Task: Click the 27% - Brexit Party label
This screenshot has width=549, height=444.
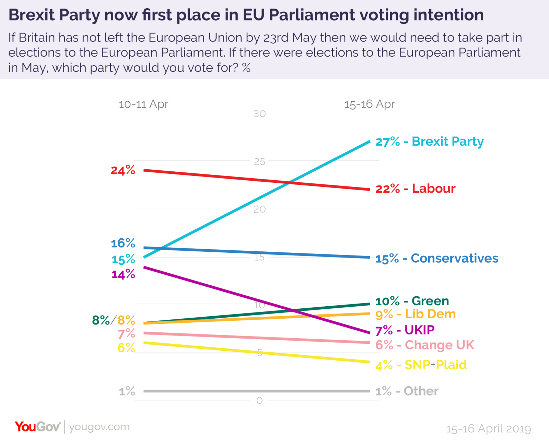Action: [429, 141]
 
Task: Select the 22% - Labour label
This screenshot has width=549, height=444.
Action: [415, 189]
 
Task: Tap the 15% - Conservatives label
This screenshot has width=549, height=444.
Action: [436, 258]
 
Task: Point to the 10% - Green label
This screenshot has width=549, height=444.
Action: [412, 301]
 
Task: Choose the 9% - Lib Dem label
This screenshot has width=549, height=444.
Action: [415, 314]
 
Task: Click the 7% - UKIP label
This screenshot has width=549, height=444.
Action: [405, 330]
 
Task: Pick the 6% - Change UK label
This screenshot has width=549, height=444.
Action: [424, 345]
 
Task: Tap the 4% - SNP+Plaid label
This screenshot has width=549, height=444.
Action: [421, 365]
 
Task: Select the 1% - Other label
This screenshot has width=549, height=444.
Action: [407, 391]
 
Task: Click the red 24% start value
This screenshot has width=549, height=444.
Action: [123, 170]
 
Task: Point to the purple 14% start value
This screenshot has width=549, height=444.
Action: [123, 274]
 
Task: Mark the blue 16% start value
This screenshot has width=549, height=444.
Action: [123, 243]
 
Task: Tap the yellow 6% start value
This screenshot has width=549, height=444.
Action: [126, 348]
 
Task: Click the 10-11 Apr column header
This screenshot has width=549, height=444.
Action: [143, 104]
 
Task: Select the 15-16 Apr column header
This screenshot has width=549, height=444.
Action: [370, 104]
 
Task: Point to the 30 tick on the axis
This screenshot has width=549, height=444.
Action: [259, 114]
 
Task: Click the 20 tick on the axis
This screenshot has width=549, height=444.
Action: [259, 209]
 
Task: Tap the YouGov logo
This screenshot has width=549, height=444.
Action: [37, 427]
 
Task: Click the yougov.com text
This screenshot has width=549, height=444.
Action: [100, 427]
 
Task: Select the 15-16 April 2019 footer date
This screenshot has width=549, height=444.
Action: [488, 429]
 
